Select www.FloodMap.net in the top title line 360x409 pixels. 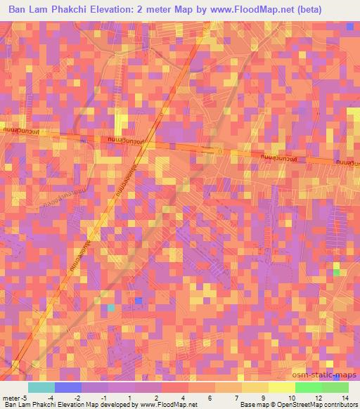[x=271, y=10]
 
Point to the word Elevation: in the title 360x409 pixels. [x=135, y=10]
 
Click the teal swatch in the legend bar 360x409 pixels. [x=41, y=388]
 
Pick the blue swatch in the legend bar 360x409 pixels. [x=68, y=388]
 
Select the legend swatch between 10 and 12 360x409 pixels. [x=308, y=388]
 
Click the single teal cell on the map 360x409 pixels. [x=111, y=307]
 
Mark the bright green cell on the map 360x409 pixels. [x=336, y=272]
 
